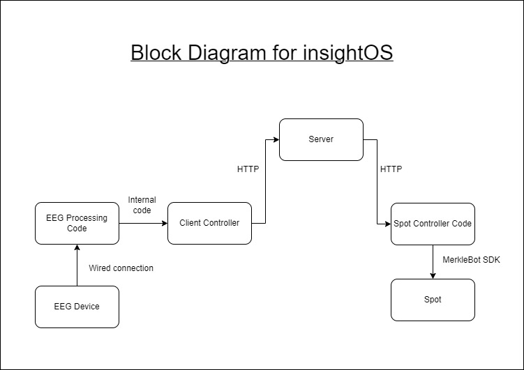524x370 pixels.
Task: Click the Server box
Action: tap(321, 139)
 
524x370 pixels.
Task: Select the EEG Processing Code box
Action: tap(77, 223)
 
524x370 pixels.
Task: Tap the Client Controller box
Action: tap(209, 223)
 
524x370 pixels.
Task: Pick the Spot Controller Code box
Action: tap(433, 224)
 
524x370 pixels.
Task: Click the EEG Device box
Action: tap(77, 307)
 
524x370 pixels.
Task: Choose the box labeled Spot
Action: tap(433, 300)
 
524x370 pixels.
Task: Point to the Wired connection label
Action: tap(121, 268)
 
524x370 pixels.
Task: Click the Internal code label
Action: tap(142, 205)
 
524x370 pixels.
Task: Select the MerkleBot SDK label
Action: tap(471, 260)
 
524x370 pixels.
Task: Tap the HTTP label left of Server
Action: tap(248, 169)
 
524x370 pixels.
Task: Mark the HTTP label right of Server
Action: tap(391, 169)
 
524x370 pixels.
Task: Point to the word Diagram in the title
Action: tap(225, 54)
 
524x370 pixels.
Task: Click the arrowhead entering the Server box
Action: tap(276, 140)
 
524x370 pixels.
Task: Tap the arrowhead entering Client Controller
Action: tap(164, 224)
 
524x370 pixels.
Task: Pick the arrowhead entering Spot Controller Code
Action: tap(387, 224)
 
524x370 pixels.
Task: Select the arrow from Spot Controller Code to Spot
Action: tap(433, 262)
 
